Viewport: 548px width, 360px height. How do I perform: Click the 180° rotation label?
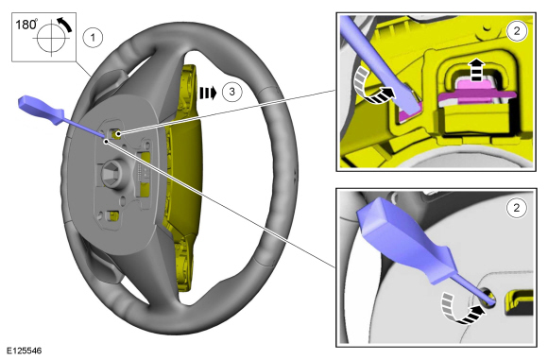click(26, 25)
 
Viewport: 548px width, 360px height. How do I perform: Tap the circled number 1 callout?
click(93, 37)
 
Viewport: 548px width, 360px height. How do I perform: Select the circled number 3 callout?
click(232, 92)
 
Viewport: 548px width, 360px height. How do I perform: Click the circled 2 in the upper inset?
click(517, 31)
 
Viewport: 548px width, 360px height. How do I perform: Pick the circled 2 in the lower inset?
click(517, 208)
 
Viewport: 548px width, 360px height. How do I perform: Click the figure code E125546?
click(25, 351)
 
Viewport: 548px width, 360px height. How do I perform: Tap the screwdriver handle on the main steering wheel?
click(42, 111)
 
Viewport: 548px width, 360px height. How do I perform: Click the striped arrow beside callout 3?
click(208, 93)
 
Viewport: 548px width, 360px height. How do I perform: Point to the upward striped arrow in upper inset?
click(476, 69)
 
